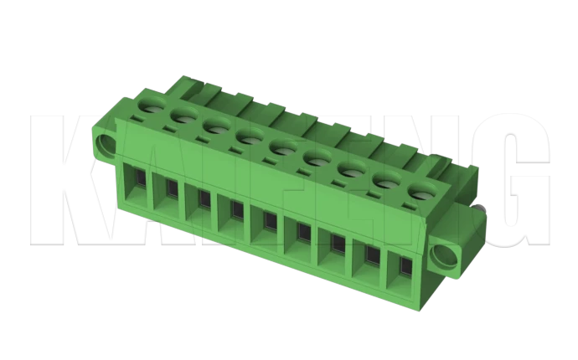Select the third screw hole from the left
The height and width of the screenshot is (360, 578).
click(x=216, y=126)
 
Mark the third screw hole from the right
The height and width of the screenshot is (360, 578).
click(x=351, y=168)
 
